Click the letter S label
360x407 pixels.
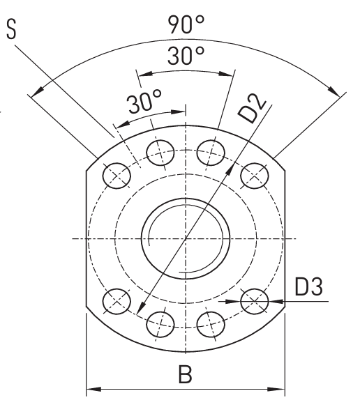click(x=11, y=29)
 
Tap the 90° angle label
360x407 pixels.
click(x=186, y=24)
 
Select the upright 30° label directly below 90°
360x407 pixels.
click(x=186, y=56)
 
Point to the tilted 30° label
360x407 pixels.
click(x=144, y=101)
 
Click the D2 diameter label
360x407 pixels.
click(x=252, y=108)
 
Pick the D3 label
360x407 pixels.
click(x=309, y=286)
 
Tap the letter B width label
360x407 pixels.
click(x=186, y=374)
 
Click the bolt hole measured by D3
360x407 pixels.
click(x=255, y=301)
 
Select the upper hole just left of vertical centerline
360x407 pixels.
click(x=160, y=153)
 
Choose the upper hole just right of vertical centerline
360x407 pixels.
click(x=211, y=153)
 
